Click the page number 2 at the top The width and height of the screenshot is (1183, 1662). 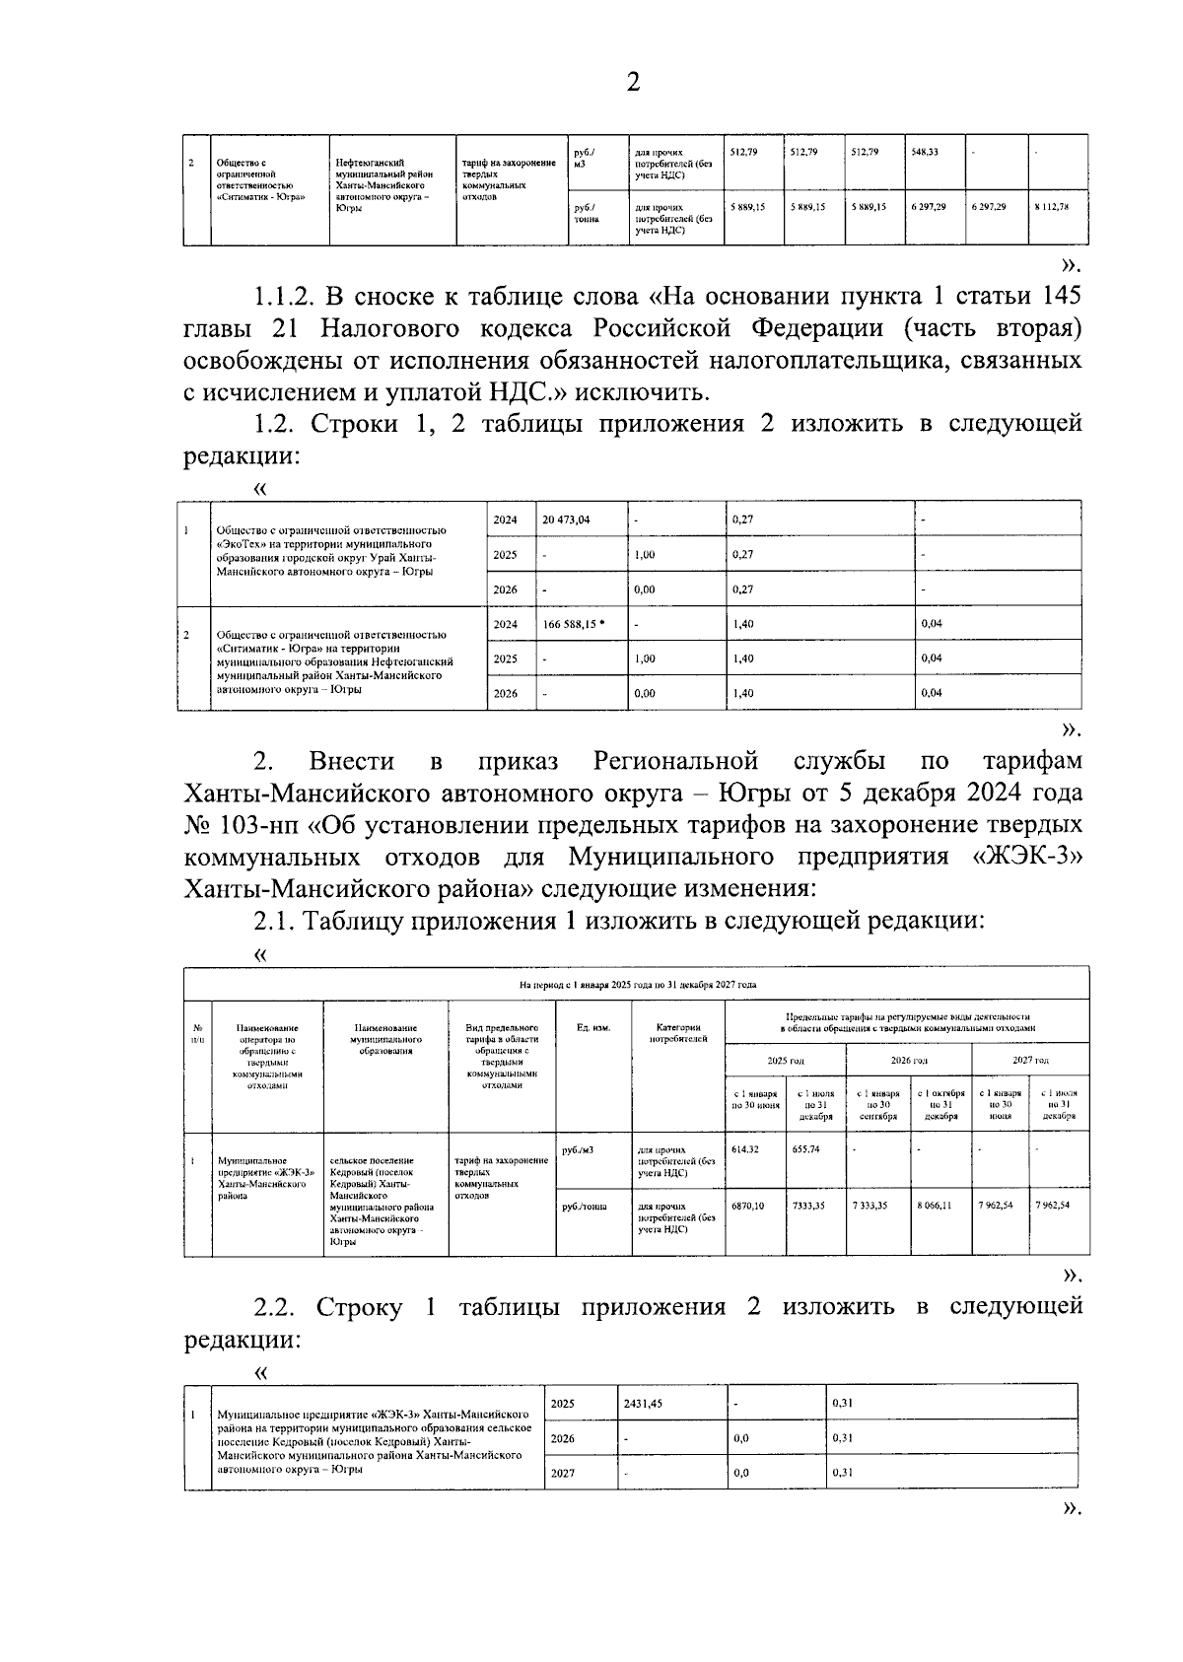click(x=633, y=83)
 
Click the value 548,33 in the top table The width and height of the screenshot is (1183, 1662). click(x=925, y=152)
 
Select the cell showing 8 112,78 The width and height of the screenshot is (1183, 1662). click(x=1052, y=207)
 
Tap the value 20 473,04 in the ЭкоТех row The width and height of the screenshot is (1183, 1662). click(x=567, y=519)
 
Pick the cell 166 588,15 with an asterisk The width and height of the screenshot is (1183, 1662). click(x=574, y=624)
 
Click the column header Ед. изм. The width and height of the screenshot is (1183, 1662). click(x=593, y=1028)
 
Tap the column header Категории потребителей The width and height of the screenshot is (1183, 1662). click(x=678, y=1033)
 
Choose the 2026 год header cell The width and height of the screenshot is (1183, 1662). click(x=908, y=1060)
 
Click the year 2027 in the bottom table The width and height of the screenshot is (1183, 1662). click(x=563, y=1473)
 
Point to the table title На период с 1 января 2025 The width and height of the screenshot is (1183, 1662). click(x=637, y=984)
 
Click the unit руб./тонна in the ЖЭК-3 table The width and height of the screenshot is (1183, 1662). click(x=585, y=1206)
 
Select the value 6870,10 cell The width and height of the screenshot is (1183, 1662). click(x=748, y=1206)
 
